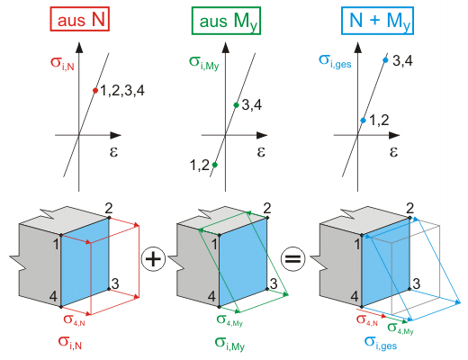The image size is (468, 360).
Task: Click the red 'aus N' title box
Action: [x=79, y=19]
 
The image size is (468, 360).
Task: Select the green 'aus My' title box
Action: [x=226, y=21]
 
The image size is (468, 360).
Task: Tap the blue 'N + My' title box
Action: [x=377, y=21]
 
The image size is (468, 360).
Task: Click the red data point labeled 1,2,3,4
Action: [x=95, y=90]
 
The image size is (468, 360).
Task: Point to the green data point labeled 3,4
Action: [x=236, y=105]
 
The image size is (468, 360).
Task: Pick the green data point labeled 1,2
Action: [x=214, y=165]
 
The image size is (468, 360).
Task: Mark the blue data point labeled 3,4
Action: [x=385, y=60]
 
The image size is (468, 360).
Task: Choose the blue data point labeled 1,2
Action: [x=364, y=121]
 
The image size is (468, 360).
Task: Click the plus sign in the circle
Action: [x=153, y=259]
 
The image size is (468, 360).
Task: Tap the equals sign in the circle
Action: [x=292, y=259]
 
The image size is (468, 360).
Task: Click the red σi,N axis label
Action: [x=62, y=63]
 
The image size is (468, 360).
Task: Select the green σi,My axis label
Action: [x=204, y=63]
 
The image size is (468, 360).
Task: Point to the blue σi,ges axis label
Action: [x=335, y=61]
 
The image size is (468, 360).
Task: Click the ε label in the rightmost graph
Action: [x=393, y=152]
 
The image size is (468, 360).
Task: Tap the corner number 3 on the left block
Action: [x=115, y=283]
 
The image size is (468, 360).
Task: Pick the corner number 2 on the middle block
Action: [x=266, y=208]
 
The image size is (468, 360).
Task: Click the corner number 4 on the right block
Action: [x=355, y=296]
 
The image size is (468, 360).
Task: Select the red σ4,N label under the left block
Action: [x=74, y=319]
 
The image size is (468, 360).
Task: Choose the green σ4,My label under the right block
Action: [x=400, y=328]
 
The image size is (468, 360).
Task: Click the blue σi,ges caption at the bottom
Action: [x=381, y=343]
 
